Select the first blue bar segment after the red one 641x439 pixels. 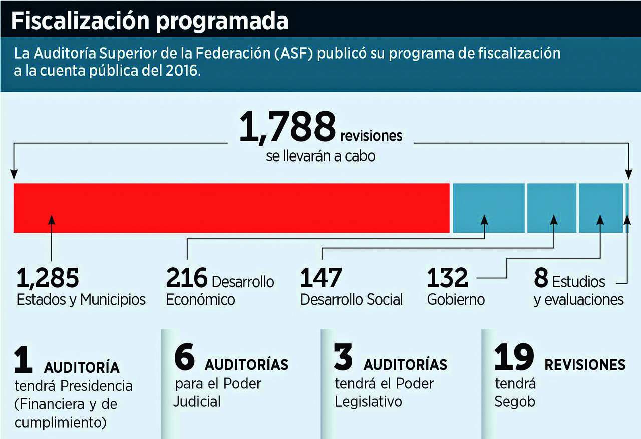tap(489, 208)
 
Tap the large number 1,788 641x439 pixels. tap(287, 127)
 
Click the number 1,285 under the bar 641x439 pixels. tap(48, 279)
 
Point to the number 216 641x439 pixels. tap(186, 279)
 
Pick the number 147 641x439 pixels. tap(321, 279)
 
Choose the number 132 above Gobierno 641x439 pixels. tap(447, 279)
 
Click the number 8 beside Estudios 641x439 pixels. tap(541, 279)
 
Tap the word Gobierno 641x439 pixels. tap(456, 300)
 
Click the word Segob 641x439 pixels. tap(515, 402)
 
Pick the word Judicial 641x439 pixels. tap(197, 401)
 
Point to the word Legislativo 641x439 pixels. tap(368, 402)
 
